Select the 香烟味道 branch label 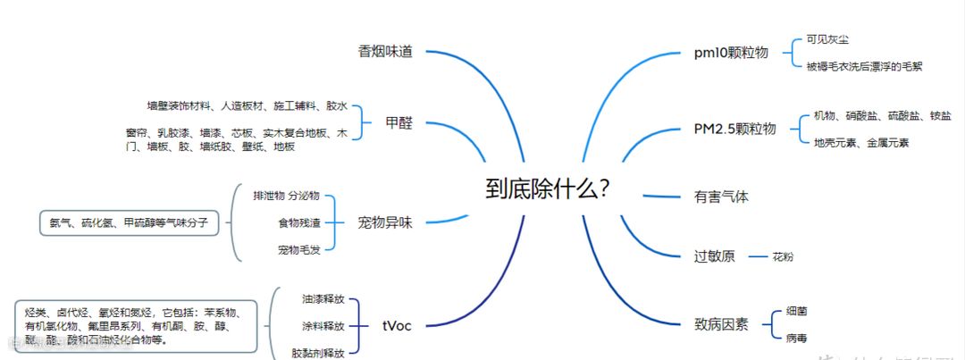coord(385,52)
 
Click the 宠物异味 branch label coord(385,222)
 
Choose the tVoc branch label coord(397,325)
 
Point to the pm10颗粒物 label coord(731,53)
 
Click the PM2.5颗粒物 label coord(734,129)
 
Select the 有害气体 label coord(721,197)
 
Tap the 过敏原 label coord(715,256)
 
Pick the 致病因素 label coord(721,324)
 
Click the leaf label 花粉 coord(783,257)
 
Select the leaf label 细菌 coord(797,311)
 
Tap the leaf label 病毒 coord(797,339)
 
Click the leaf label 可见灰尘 coord(827,40)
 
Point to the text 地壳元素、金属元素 coord(860,143)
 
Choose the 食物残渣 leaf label coord(299,222)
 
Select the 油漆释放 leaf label coord(323,298)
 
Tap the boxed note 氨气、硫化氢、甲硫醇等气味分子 coord(129,222)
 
